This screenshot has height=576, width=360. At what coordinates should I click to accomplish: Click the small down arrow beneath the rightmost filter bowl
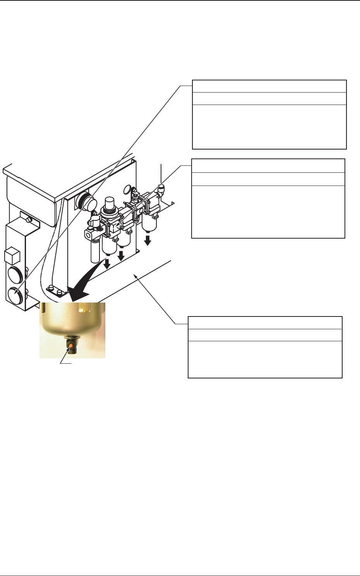coord(147,240)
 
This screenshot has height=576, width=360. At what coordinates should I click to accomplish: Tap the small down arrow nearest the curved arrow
coord(107,264)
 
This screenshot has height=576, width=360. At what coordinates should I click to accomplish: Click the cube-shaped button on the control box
coord(12,256)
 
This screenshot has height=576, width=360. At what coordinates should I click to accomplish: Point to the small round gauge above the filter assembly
coord(127,190)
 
